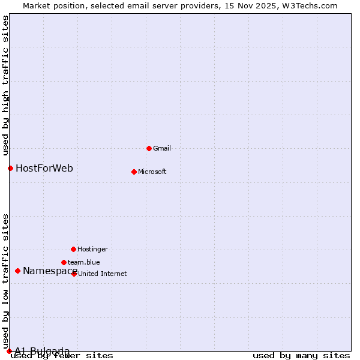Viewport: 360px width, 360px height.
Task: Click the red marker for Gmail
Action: (149, 148)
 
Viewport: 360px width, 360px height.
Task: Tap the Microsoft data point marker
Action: (134, 172)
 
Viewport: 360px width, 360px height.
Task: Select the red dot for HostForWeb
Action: (10, 168)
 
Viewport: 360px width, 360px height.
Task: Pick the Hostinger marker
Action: (73, 249)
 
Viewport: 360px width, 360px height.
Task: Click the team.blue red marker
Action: (64, 262)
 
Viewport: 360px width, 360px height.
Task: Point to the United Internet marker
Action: (74, 274)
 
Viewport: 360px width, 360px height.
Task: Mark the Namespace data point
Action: (17, 271)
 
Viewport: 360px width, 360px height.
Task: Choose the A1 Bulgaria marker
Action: (9, 351)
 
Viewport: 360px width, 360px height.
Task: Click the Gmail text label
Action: (162, 148)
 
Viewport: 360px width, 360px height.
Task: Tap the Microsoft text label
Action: (152, 172)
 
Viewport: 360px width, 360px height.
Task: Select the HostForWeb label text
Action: (44, 168)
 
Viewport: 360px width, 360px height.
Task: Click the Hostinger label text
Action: (93, 249)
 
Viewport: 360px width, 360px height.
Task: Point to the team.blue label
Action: (84, 262)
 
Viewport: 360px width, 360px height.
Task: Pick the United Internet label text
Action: (103, 274)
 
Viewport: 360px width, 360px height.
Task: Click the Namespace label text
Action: (50, 271)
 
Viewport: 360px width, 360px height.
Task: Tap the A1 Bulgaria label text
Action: (42, 351)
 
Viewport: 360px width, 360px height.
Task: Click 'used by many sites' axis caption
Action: (301, 356)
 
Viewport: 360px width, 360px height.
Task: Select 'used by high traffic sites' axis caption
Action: (5, 85)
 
